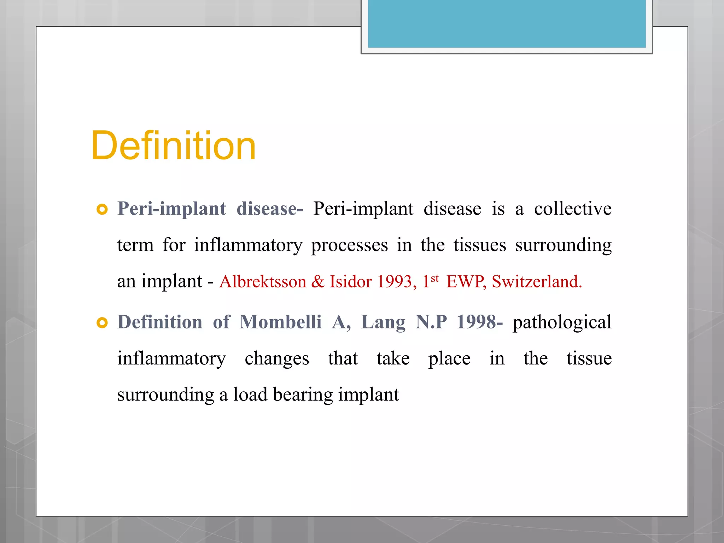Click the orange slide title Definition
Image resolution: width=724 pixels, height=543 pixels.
point(173,146)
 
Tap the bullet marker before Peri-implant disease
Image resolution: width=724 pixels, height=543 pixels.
point(102,210)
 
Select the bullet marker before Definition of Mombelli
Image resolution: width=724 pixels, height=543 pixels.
point(102,323)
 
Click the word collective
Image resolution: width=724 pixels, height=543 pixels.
point(573,209)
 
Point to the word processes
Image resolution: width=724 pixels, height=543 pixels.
point(349,245)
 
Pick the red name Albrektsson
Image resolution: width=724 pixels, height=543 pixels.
point(263,282)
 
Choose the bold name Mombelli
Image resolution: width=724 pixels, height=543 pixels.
point(280,322)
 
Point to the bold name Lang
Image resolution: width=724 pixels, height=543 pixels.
point(383,322)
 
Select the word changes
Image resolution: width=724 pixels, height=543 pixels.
point(277,359)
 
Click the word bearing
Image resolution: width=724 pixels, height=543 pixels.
point(303,395)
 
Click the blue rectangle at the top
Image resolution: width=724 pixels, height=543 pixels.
point(507,23)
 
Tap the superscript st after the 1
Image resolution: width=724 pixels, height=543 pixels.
point(435,278)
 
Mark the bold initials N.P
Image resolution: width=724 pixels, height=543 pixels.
point(431,322)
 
